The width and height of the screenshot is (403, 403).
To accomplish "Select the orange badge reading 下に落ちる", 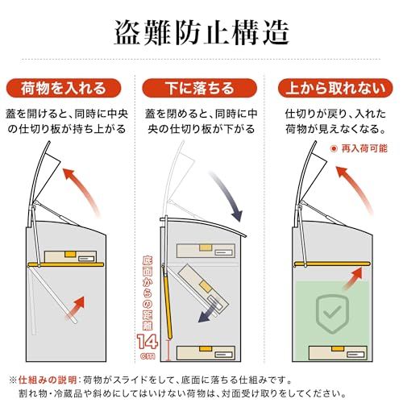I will click(x=200, y=87).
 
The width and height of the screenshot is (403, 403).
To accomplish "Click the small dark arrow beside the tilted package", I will click(x=214, y=310).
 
